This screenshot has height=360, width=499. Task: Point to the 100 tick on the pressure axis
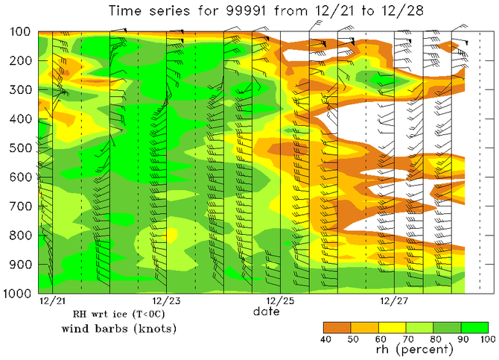pos(17,33)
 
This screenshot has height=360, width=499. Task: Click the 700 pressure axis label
pos(17,207)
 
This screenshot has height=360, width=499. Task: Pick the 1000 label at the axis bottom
pos(15,294)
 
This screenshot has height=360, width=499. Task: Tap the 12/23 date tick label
pos(166,302)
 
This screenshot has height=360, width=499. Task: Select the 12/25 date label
pos(280,302)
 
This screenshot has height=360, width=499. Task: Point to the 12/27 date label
pos(394,302)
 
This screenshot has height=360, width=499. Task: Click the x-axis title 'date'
pos(265,312)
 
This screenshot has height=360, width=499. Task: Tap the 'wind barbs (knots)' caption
pos(118,329)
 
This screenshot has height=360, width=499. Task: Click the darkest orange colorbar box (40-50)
pos(337,327)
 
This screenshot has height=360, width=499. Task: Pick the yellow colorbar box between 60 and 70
pos(392,327)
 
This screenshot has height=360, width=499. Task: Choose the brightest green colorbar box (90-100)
pos(475,327)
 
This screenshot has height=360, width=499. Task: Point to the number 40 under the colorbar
pos(324,340)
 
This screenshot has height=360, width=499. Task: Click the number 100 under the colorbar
pos(488,340)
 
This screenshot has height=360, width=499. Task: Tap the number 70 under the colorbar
pos(406,340)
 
